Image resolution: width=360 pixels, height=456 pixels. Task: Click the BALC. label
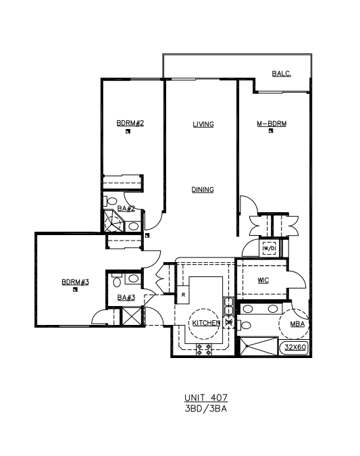click(x=282, y=74)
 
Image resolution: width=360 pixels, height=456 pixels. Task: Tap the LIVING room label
click(x=203, y=124)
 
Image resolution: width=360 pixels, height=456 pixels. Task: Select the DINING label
click(x=203, y=190)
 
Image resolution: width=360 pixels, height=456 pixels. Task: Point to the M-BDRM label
click(x=272, y=124)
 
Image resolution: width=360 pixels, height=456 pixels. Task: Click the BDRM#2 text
click(x=130, y=123)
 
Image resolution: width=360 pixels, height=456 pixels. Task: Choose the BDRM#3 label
click(x=76, y=282)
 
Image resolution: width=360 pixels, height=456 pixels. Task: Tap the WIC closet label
click(x=263, y=280)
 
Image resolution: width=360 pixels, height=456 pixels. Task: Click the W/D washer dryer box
click(x=269, y=249)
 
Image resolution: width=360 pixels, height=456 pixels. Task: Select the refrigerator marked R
click(x=183, y=295)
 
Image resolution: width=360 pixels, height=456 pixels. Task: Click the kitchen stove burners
click(x=204, y=349)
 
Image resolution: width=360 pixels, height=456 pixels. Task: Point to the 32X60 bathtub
click(x=294, y=347)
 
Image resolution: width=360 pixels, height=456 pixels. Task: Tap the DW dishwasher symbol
click(x=229, y=322)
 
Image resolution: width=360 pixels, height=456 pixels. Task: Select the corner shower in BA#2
click(x=113, y=221)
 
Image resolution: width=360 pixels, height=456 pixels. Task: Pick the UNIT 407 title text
click(x=206, y=397)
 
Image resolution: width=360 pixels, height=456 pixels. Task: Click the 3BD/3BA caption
click(x=206, y=409)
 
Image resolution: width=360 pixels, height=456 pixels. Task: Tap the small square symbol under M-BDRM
click(x=271, y=131)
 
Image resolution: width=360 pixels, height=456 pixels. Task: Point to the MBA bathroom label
click(x=297, y=324)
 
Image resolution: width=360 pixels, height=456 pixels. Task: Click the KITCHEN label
click(x=206, y=323)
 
